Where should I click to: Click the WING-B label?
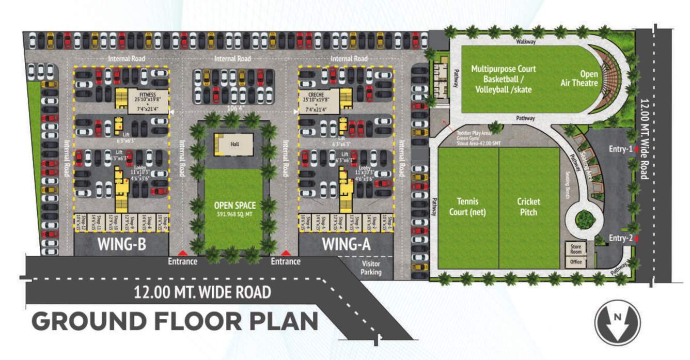point(121,244)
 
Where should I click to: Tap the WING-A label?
point(346,244)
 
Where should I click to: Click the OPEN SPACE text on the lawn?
point(235,206)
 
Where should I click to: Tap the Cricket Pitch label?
point(528,207)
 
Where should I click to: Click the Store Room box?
point(576,249)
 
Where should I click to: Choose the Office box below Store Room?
point(576,262)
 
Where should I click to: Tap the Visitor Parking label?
point(371,267)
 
